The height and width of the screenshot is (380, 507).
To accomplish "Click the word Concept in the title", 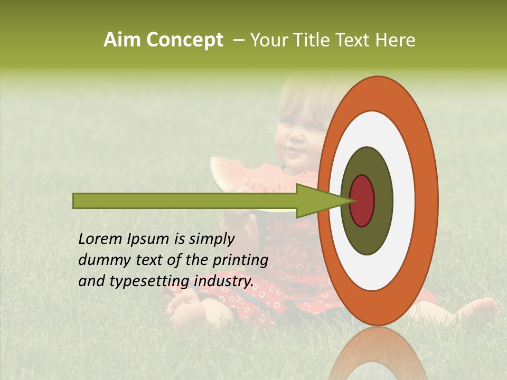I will tap(185, 40).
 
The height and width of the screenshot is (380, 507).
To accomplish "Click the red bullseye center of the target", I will tap(362, 200).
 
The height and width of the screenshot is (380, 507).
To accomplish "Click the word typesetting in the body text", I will tap(150, 281).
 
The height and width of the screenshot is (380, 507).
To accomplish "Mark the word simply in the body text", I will tap(211, 239).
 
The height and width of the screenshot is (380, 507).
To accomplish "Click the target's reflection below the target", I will tap(377, 356).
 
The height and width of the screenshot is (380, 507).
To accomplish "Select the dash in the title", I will tap(238, 40).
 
